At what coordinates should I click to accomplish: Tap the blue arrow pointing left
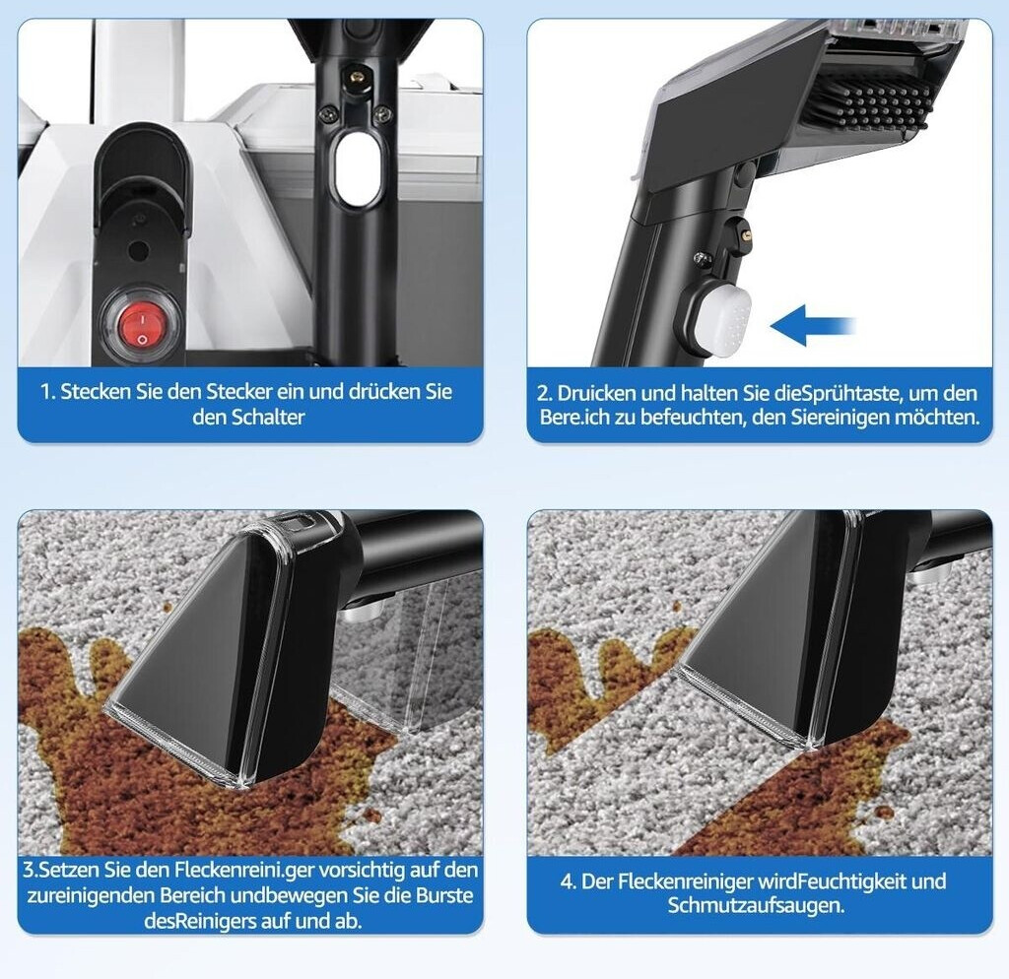click(813, 325)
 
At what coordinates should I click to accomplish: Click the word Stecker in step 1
click(238, 392)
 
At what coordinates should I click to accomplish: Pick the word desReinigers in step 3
click(200, 922)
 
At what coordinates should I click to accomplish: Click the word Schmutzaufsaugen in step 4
click(756, 906)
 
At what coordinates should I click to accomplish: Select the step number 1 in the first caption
click(46, 392)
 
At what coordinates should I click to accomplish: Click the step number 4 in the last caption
click(568, 881)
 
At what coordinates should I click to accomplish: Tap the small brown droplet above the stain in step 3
click(168, 607)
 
